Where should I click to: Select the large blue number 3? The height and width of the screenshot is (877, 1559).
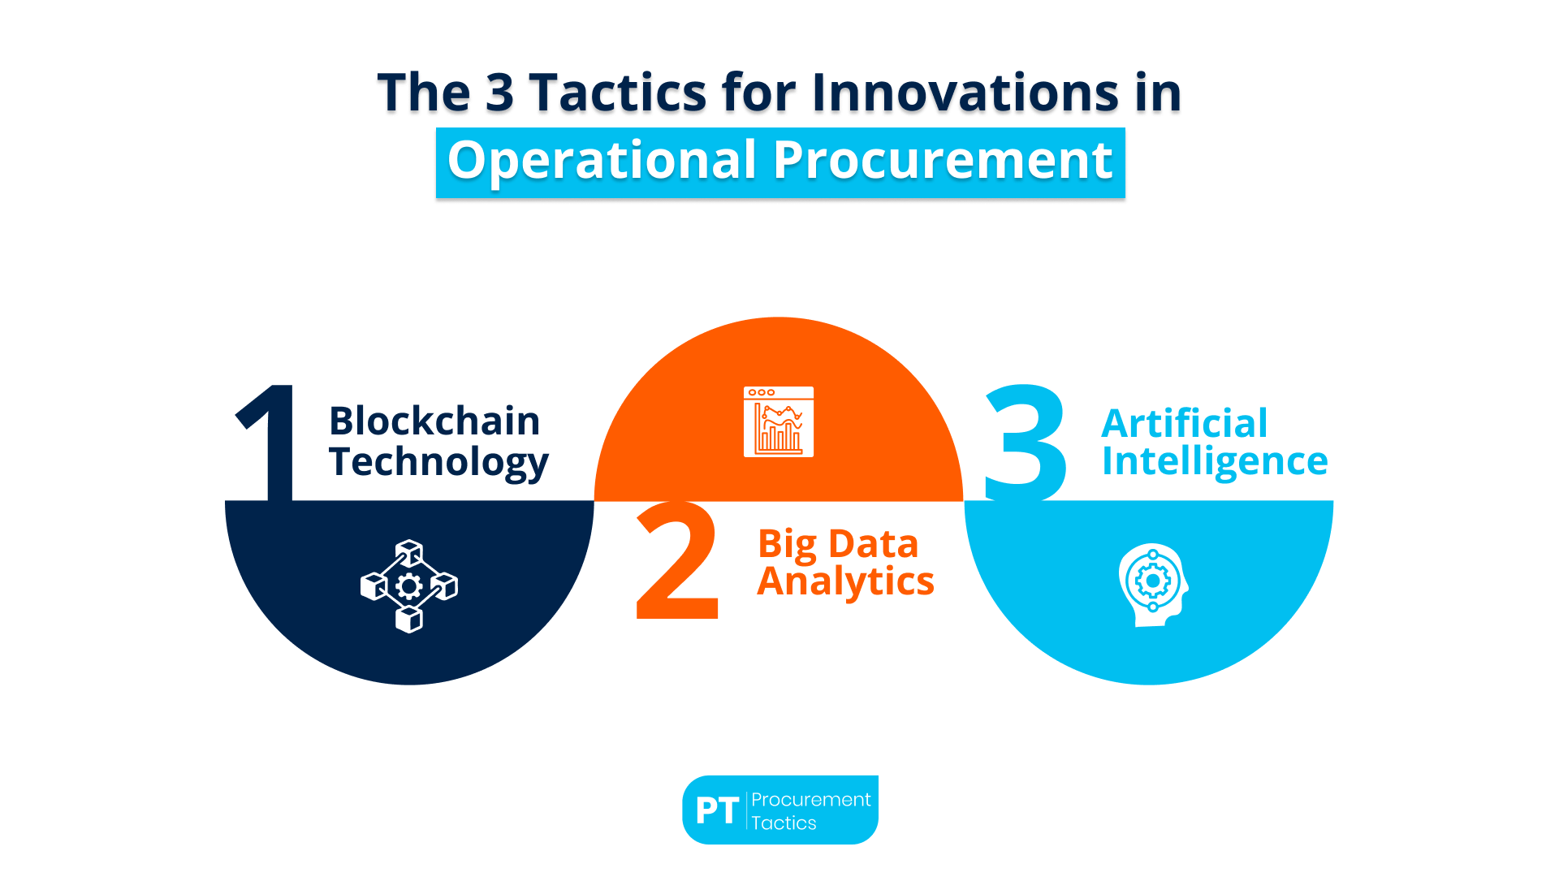(1026, 443)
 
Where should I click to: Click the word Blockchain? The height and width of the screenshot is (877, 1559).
(434, 421)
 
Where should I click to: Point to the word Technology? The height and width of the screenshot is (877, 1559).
(438, 462)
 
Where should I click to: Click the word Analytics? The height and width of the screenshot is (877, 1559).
(845, 581)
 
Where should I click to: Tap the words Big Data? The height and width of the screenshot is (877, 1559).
(837, 543)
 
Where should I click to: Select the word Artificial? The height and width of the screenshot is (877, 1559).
(1184, 423)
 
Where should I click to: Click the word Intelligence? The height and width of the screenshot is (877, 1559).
(1214, 462)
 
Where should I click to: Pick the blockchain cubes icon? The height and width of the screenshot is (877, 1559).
(409, 585)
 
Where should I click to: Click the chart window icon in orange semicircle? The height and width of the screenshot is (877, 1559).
(778, 421)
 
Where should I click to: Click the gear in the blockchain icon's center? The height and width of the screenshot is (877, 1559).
(409, 585)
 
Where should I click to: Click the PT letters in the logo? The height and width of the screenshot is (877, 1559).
(717, 810)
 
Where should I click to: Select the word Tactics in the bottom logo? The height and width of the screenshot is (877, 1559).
(784, 823)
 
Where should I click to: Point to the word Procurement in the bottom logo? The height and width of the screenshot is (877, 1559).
(810, 799)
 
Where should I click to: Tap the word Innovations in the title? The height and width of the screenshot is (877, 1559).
(965, 92)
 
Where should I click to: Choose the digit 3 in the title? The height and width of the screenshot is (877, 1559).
(499, 92)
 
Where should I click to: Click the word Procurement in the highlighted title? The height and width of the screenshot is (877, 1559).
(942, 160)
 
